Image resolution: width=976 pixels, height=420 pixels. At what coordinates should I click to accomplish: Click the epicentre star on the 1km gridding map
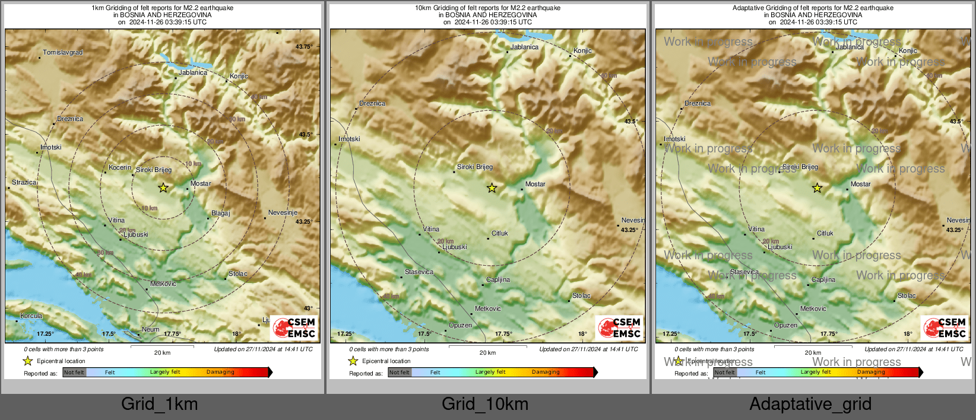(x=163, y=187)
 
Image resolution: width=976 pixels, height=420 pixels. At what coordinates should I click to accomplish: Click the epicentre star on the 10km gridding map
(x=492, y=188)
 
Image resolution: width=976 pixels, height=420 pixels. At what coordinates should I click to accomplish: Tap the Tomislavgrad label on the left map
(x=63, y=53)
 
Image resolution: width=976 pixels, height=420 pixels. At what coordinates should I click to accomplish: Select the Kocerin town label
(x=120, y=168)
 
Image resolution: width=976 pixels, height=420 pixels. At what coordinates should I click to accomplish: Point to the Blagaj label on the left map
(x=220, y=214)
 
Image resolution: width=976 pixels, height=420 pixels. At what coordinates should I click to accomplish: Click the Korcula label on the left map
(x=31, y=316)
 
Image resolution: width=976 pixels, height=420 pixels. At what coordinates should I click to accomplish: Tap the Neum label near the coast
(x=150, y=330)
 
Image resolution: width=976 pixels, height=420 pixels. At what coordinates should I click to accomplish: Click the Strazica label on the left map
(x=24, y=183)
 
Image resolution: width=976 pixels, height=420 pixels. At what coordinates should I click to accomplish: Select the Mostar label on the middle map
(x=535, y=184)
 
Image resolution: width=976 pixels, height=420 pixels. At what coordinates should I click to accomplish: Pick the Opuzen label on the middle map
(x=460, y=326)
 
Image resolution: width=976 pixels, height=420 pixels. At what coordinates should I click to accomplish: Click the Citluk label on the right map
(x=825, y=234)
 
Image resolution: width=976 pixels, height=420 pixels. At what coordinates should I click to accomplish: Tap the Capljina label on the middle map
(x=497, y=280)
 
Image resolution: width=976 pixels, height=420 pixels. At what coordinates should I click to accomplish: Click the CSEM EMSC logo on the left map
(x=294, y=327)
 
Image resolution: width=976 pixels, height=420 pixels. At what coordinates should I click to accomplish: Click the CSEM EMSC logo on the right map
(x=945, y=327)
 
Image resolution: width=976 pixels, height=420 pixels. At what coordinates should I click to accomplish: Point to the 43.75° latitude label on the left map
(x=303, y=47)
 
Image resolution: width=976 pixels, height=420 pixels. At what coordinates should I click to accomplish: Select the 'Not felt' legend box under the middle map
(x=400, y=373)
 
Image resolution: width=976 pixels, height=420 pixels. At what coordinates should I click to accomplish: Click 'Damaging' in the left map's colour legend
(x=220, y=373)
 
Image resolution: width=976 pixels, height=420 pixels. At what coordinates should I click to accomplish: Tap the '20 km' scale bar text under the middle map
(x=487, y=353)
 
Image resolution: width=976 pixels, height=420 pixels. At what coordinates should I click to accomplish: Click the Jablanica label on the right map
(x=850, y=47)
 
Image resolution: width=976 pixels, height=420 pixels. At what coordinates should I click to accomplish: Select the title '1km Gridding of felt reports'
(x=162, y=8)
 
